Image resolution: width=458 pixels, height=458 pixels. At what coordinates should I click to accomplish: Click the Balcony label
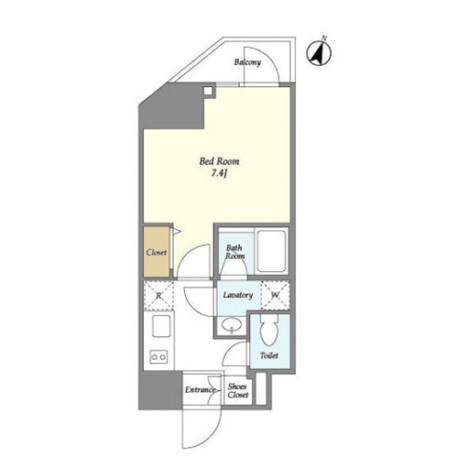coord(247,62)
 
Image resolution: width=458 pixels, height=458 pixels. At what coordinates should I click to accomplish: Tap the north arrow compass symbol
coord(319,52)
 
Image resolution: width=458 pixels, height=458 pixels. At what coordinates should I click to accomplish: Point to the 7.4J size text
coord(220,174)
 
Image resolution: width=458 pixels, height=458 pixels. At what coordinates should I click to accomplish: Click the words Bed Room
coord(219,161)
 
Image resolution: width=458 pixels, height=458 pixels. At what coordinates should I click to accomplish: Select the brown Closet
coord(157,252)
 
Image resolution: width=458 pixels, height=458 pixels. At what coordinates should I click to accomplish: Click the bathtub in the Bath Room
coord(271,251)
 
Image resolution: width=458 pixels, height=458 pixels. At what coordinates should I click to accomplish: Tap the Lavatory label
coord(238,295)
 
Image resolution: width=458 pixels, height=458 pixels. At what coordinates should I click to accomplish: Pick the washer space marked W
coord(276,295)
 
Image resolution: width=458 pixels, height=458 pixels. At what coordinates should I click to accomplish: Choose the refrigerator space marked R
coord(158,295)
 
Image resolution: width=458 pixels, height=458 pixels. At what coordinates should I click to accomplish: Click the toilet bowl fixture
coord(269,331)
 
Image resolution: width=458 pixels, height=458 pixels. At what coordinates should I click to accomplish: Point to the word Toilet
coord(269,355)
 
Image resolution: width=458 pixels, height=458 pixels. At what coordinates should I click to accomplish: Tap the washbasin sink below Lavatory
coord(231,326)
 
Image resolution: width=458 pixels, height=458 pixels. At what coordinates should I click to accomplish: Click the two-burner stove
coord(158,356)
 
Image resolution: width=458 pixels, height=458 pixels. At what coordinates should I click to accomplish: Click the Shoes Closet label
coord(237,390)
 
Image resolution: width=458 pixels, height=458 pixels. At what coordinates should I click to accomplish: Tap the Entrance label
coord(200,390)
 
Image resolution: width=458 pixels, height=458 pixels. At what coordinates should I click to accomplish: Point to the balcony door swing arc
coord(268,58)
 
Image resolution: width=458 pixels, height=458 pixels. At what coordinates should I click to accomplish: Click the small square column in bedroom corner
coord(208,91)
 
